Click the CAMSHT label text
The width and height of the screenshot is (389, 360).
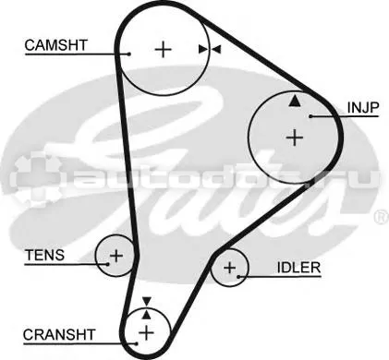56,45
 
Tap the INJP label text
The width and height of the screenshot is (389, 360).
363,107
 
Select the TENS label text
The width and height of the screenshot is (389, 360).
45,255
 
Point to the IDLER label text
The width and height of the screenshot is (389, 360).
298,268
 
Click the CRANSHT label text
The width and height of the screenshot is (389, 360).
59,335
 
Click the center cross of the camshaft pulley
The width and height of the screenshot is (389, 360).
163,49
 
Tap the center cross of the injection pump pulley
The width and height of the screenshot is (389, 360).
295,138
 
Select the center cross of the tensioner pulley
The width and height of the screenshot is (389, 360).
116,256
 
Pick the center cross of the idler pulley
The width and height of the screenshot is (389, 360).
229,268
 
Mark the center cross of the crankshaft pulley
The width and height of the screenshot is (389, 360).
146,333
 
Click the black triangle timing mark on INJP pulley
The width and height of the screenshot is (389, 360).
295,102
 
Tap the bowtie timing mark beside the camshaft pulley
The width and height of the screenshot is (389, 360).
210,49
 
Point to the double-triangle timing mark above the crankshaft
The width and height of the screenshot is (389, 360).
147,308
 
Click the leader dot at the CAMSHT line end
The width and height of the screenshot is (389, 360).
129,54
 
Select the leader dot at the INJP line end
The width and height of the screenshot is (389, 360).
310,116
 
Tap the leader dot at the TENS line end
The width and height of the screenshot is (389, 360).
108,264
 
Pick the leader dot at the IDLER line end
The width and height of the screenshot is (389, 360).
238,277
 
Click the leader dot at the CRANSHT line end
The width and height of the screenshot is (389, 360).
136,343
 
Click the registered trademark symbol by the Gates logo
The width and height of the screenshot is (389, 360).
382,217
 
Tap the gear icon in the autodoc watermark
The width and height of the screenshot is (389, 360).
35,178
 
